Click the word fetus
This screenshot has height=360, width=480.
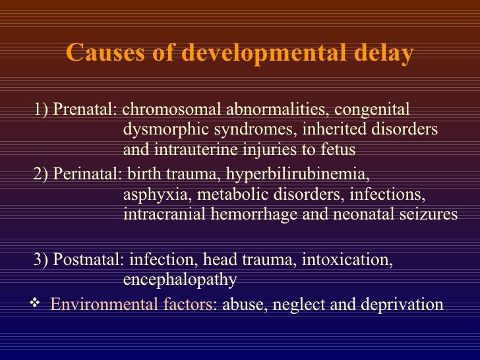(x=338, y=150)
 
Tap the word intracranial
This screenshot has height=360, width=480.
(x=162, y=214)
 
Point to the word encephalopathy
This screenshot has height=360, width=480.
(x=180, y=280)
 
